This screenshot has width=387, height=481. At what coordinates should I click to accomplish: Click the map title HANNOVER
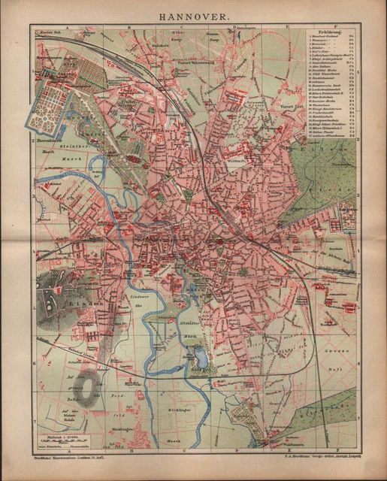(x=193, y=14)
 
